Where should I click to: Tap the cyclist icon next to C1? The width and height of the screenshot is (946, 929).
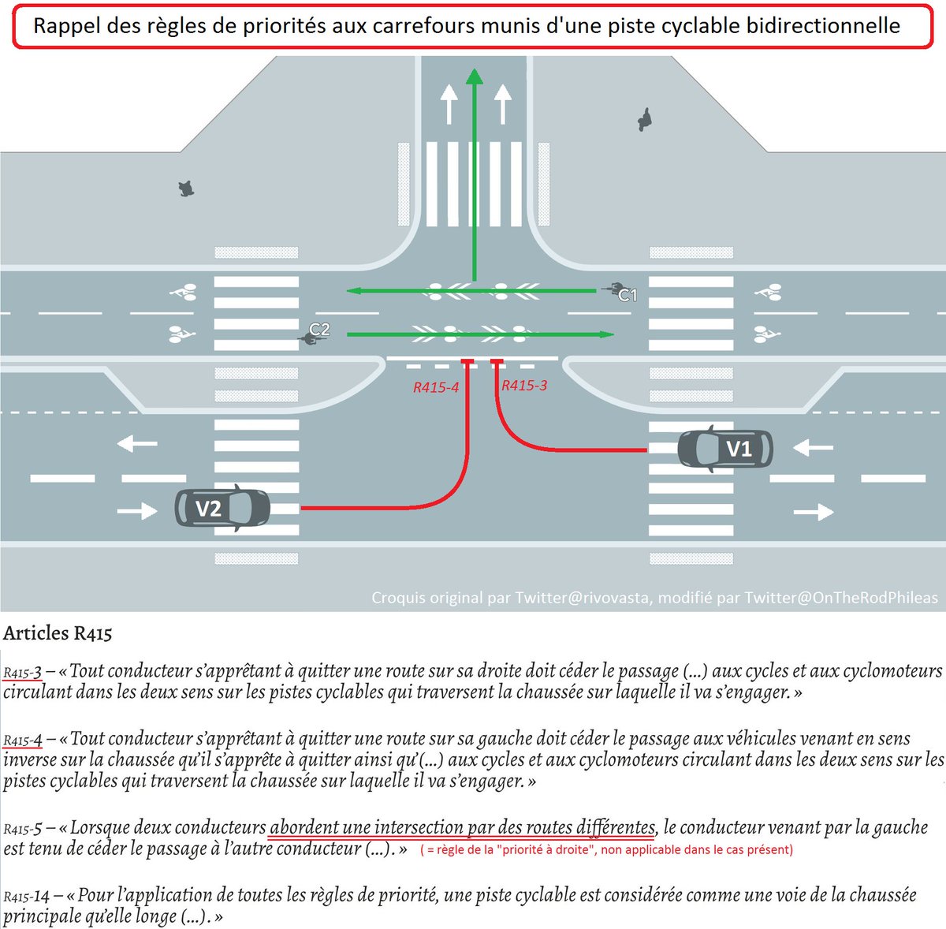(x=611, y=289)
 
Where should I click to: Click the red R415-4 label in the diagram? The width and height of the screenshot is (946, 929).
(x=436, y=387)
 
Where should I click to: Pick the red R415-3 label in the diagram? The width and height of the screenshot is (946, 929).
(x=524, y=386)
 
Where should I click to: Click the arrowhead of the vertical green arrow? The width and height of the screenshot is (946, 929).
(x=474, y=76)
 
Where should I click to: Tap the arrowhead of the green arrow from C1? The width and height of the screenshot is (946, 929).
(x=352, y=290)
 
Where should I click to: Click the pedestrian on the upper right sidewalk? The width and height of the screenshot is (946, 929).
(x=645, y=120)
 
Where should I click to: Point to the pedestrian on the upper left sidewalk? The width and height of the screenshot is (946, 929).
(x=186, y=188)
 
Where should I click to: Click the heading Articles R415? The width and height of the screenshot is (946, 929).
(x=58, y=632)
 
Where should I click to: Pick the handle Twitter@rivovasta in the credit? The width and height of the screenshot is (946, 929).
(x=583, y=598)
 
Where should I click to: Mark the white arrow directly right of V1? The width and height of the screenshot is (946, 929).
(x=813, y=449)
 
